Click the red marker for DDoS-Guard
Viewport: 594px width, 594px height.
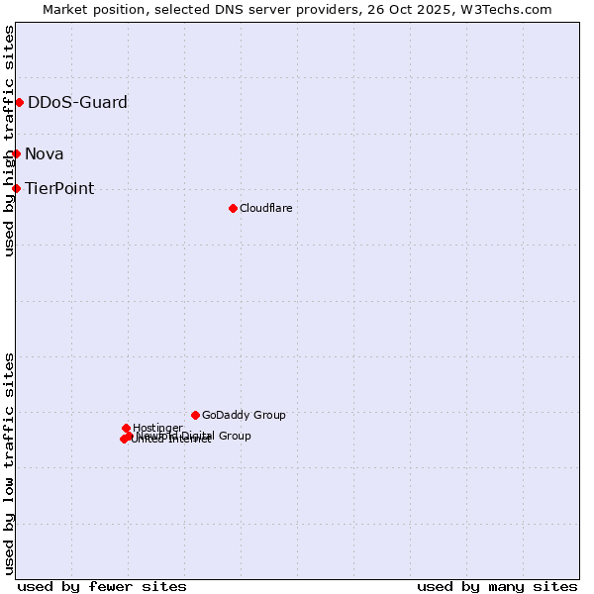tap(19, 102)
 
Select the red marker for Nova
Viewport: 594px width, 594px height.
tap(16, 153)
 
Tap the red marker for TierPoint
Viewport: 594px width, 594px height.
tap(16, 188)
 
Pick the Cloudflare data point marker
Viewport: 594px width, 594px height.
tap(233, 208)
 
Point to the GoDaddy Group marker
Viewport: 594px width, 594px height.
tap(195, 415)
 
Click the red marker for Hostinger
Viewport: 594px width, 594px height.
tap(126, 428)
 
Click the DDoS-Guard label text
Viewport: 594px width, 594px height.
tap(77, 102)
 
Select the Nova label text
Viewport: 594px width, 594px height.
tap(45, 153)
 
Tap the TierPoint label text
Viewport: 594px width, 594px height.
tap(59, 188)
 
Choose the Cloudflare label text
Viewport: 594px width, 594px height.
tap(265, 208)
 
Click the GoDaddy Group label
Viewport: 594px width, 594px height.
tap(244, 415)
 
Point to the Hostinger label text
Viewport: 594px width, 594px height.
tap(157, 428)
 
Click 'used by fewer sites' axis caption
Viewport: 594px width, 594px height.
tap(102, 586)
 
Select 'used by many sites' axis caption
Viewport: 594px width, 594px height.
tap(497, 586)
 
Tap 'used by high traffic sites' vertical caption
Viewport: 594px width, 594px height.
tap(9, 141)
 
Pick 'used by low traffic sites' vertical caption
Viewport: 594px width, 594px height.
tap(9, 463)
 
